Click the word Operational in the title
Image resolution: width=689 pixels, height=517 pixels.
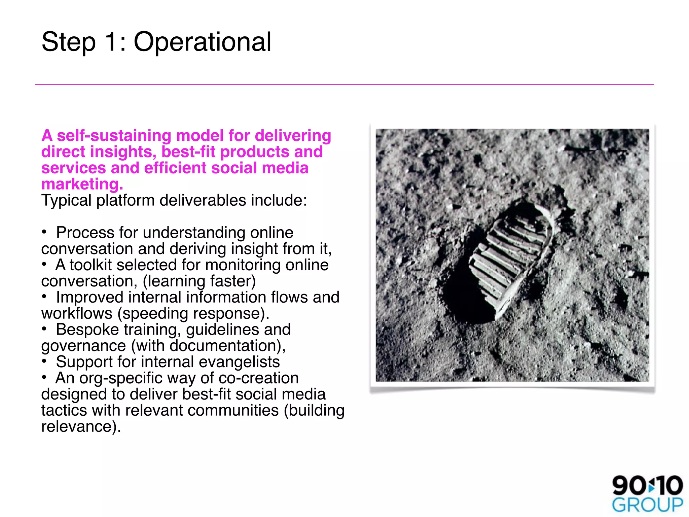pyautogui.click(x=202, y=42)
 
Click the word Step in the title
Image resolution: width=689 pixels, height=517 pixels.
pyautogui.click(x=69, y=42)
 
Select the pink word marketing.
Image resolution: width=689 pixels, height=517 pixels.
pyautogui.click(x=82, y=184)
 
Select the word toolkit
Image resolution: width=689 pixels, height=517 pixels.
pyautogui.click(x=90, y=265)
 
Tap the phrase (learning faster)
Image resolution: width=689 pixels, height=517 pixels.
pyautogui.click(x=199, y=281)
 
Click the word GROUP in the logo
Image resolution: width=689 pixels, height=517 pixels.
pyautogui.click(x=647, y=505)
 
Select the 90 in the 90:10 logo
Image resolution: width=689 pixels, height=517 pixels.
pyautogui.click(x=628, y=486)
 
